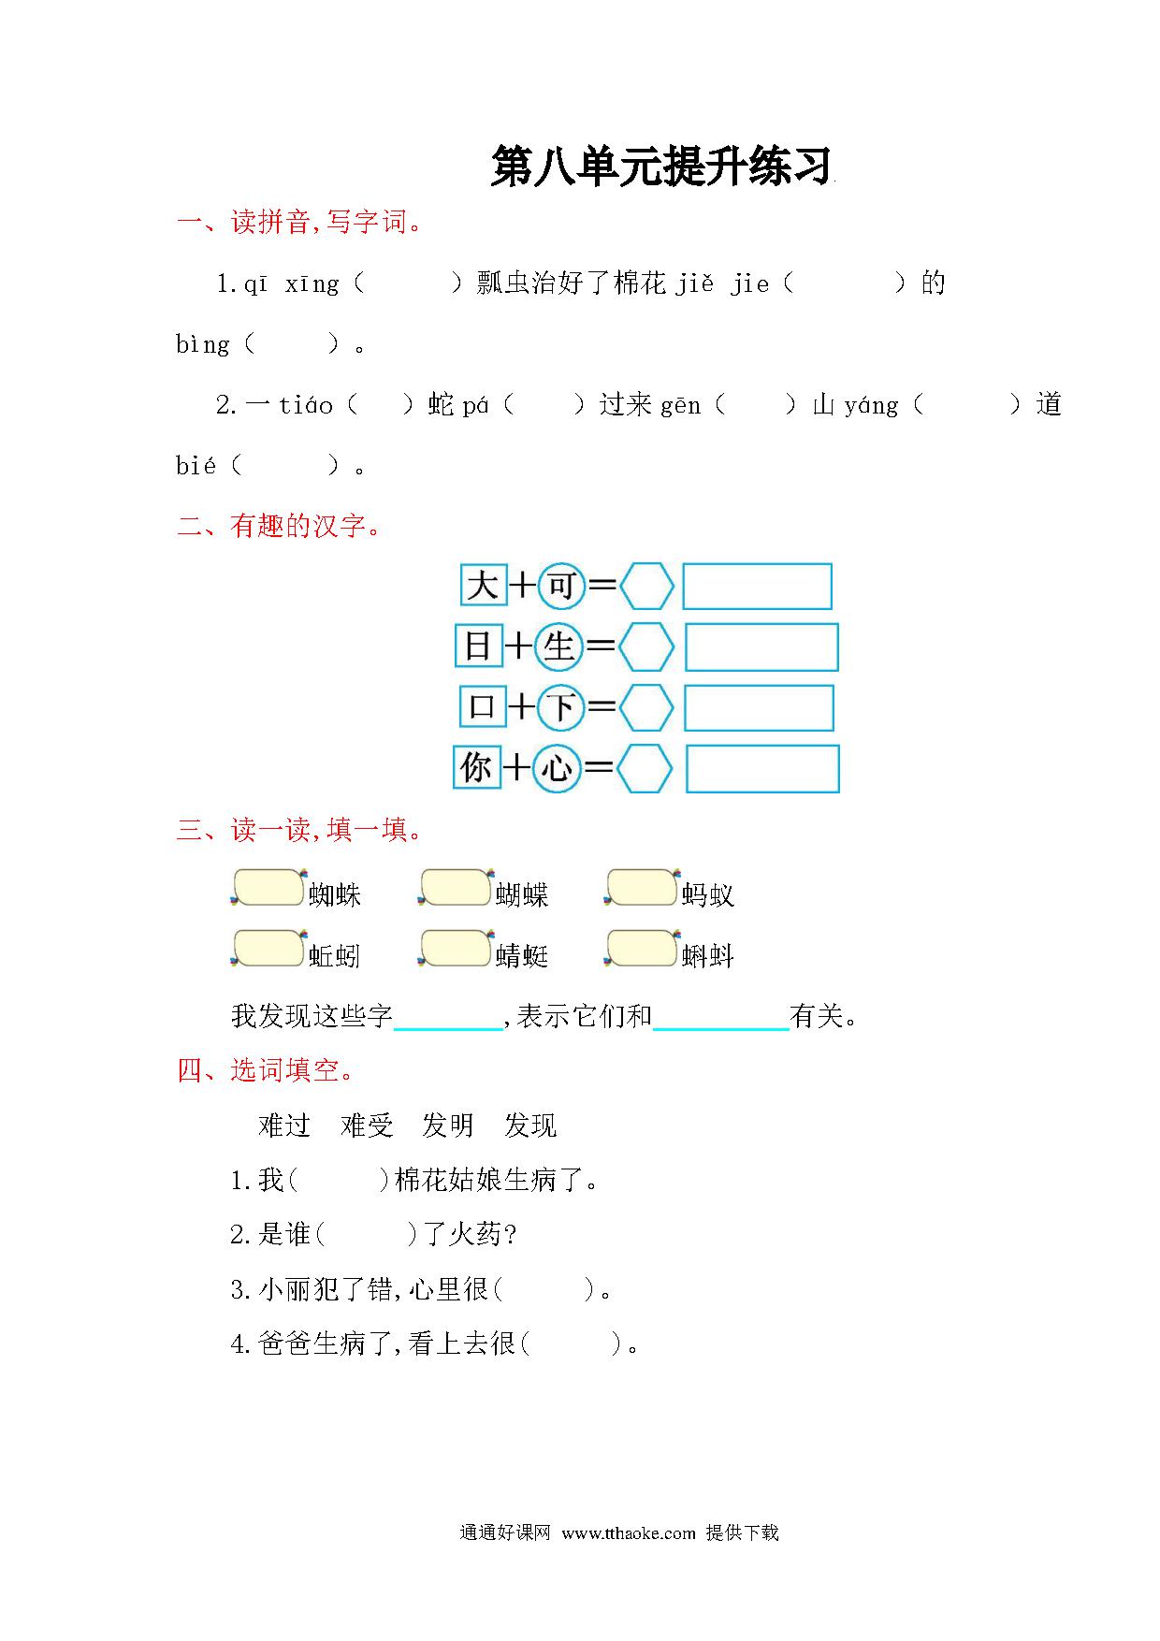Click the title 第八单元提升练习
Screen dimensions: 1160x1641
(661, 167)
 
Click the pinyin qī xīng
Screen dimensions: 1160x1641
(291, 283)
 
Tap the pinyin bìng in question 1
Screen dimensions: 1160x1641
(203, 344)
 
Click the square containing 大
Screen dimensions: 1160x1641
(484, 586)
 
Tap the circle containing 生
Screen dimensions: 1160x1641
(558, 646)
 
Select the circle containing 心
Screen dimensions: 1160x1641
(558, 768)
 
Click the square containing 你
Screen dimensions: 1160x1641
(477, 768)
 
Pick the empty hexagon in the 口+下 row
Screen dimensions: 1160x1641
(646, 708)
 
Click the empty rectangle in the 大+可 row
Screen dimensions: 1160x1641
(757, 587)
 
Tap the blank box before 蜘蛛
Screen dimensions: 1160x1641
(268, 888)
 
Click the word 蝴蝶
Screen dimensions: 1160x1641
(522, 895)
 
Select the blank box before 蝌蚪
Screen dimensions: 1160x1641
(642, 948)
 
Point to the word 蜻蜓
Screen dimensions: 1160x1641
(522, 955)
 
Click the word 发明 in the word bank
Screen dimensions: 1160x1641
(448, 1125)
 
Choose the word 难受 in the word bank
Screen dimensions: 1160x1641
(367, 1125)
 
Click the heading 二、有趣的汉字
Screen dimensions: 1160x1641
(280, 526)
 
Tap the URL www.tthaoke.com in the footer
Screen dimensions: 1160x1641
(629, 1532)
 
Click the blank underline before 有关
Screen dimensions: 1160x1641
(721, 1029)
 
